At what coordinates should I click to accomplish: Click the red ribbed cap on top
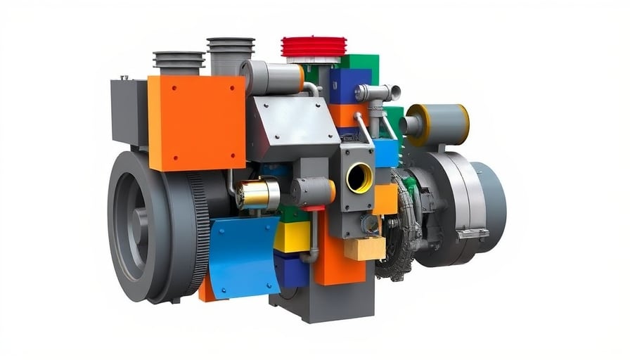click(x=314, y=46)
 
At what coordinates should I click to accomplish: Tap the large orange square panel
click(x=196, y=122)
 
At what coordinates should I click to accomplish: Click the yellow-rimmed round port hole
click(x=359, y=177)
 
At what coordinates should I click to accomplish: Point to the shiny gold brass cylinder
click(x=257, y=194)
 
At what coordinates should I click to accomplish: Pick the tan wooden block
click(x=365, y=248)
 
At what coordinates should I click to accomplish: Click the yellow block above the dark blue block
click(x=292, y=237)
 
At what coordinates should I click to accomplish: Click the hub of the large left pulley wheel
click(x=138, y=226)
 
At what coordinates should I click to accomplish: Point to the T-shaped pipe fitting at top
click(x=378, y=94)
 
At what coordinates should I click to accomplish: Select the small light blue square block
click(x=385, y=153)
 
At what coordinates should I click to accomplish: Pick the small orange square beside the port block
click(x=385, y=199)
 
